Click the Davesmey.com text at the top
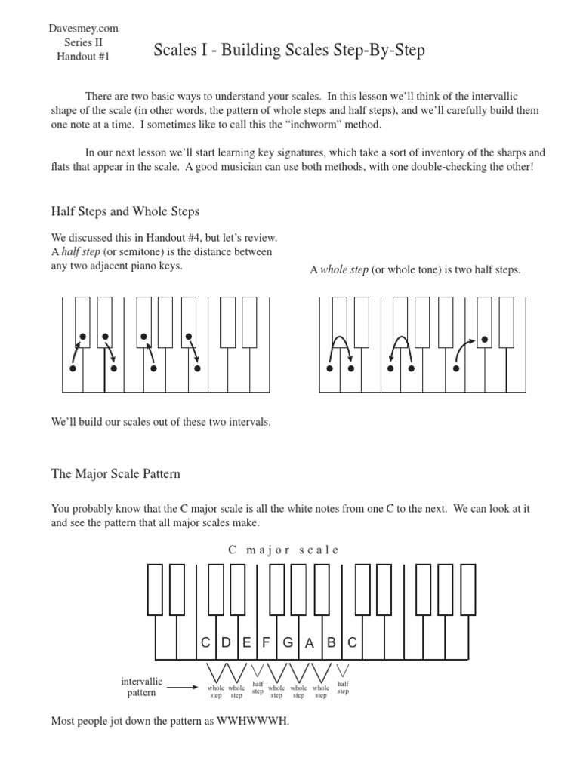[x=83, y=29]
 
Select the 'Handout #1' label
[x=83, y=57]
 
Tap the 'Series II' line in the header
[x=83, y=43]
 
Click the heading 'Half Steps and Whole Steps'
[x=125, y=211]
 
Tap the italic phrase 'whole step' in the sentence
[x=344, y=270]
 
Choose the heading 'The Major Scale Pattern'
[x=116, y=474]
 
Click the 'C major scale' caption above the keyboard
[x=283, y=550]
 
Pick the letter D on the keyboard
[x=226, y=642]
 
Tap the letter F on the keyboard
[x=266, y=642]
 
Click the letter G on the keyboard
[x=288, y=642]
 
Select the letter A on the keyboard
[x=309, y=644]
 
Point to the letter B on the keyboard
[x=331, y=642]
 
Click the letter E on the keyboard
[x=246, y=642]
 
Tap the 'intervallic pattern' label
[x=141, y=687]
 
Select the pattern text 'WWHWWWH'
[x=253, y=721]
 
